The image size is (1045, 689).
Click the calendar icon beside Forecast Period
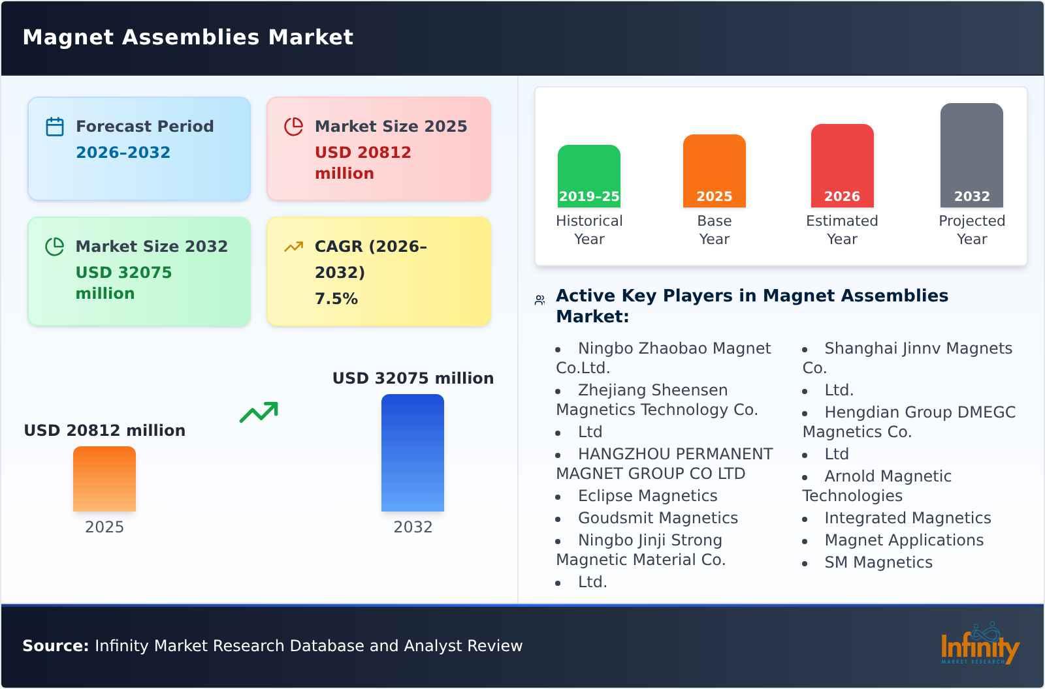[55, 127]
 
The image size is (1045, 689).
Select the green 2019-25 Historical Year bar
[588, 176]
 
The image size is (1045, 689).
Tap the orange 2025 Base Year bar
[714, 171]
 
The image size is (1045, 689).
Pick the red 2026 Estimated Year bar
[842, 166]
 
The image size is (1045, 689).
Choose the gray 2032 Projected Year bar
[971, 155]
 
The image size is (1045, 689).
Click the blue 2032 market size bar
[412, 453]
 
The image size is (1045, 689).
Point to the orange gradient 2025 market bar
[104, 479]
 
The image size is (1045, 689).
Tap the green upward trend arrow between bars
[259, 412]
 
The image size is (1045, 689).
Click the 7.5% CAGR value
[336, 299]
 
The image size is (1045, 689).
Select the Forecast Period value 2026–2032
[123, 153]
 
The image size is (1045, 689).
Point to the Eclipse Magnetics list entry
[647, 496]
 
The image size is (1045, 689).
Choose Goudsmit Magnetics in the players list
[658, 518]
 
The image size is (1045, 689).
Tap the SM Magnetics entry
[878, 562]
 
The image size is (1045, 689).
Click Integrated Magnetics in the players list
[907, 518]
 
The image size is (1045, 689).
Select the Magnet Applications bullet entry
[903, 540]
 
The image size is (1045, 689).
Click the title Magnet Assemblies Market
[188, 37]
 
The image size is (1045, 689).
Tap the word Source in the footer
[55, 646]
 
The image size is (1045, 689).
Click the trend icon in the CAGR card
[293, 247]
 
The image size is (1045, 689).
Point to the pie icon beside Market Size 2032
[55, 247]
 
